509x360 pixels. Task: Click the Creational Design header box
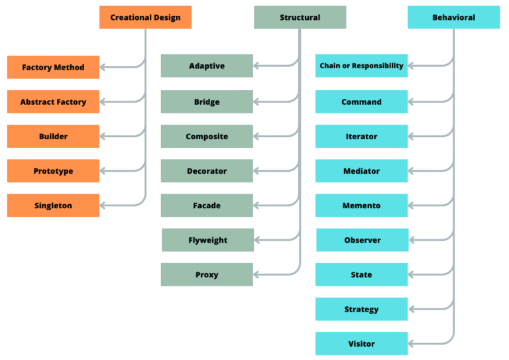tap(145, 17)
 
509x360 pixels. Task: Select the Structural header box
tap(300, 17)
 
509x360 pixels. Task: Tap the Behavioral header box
tap(453, 17)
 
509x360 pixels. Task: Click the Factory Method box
tap(53, 68)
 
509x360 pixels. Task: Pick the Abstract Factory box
tap(53, 102)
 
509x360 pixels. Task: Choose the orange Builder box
tap(53, 137)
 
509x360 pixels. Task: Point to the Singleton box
tap(53, 206)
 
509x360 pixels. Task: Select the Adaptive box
tap(207, 66)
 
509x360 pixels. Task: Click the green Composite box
tap(207, 137)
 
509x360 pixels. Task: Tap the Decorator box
tap(207, 171)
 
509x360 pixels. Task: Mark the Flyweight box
tap(207, 240)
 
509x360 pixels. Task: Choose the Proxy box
tap(207, 274)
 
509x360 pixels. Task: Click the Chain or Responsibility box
tap(361, 66)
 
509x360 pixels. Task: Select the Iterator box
tap(361, 137)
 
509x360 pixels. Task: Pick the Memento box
tap(361, 206)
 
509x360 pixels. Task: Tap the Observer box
tap(362, 240)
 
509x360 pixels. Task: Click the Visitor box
tap(361, 343)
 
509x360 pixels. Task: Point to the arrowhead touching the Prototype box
tap(103, 171)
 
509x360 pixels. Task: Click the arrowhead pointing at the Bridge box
tap(257, 102)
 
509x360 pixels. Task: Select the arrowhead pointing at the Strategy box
tap(412, 309)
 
